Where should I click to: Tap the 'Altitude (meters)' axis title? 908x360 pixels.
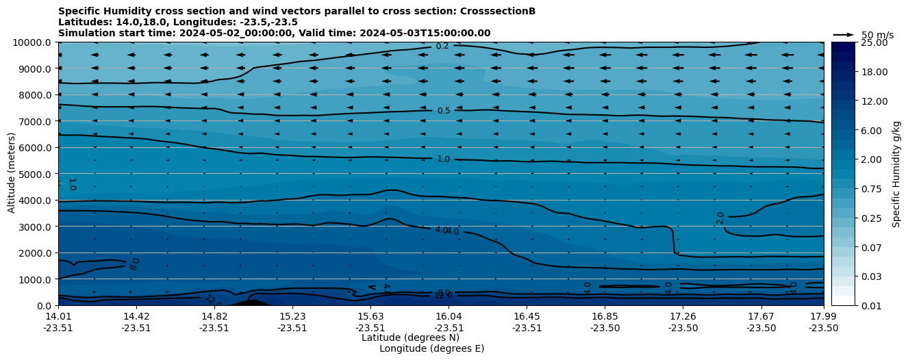click(x=12, y=174)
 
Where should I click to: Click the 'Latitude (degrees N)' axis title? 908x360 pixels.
click(x=410, y=337)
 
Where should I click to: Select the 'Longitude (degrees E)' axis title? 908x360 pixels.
click(x=431, y=348)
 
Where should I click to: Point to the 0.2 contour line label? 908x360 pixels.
click(x=442, y=47)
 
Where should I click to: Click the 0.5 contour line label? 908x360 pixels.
click(x=444, y=111)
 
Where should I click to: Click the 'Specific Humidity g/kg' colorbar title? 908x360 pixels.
click(x=896, y=174)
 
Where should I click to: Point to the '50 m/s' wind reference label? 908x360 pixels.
click(x=877, y=35)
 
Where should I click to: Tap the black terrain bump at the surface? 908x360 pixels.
click(x=251, y=303)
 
